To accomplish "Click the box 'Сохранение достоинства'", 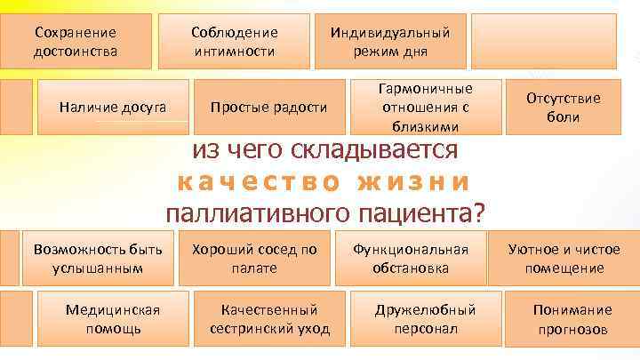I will [x=76, y=41].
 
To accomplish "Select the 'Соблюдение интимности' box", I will [x=235, y=41].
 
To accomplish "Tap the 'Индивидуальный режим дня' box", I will [x=390, y=41].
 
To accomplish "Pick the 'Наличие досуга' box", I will [x=112, y=108].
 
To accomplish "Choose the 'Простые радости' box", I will [x=268, y=108].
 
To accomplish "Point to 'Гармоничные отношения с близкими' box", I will [x=425, y=108].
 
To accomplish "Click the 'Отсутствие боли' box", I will [x=564, y=108].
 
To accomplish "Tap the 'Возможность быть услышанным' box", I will [x=97, y=259].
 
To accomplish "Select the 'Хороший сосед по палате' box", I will [x=254, y=259].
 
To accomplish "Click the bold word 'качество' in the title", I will [x=258, y=181].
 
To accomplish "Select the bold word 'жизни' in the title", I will [x=412, y=181].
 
